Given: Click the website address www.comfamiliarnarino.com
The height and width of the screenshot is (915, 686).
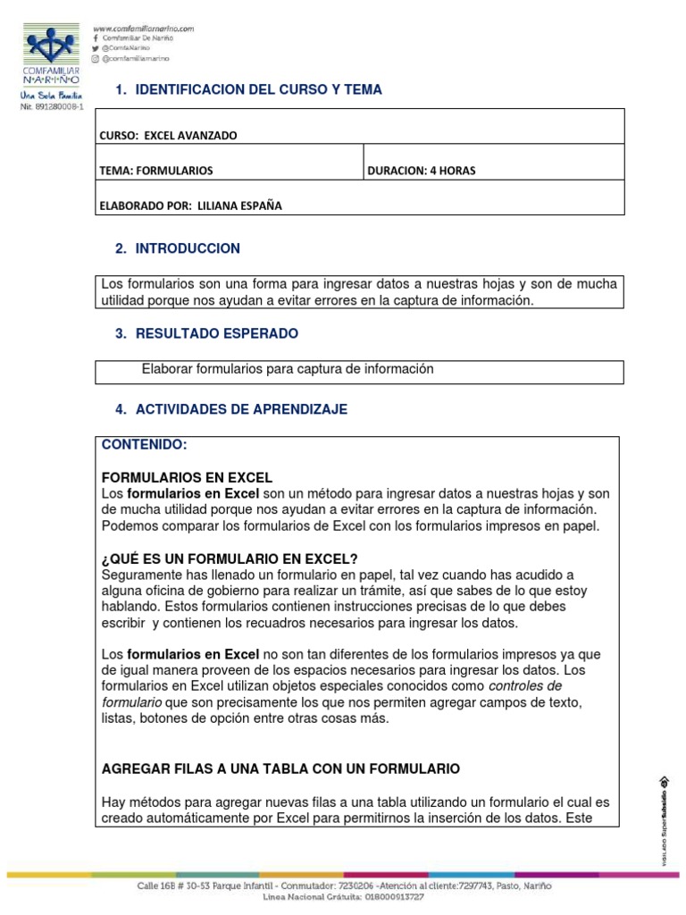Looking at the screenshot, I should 144,29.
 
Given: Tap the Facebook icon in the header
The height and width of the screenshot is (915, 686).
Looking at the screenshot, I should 96,38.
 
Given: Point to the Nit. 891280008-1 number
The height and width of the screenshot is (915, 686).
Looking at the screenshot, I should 52,107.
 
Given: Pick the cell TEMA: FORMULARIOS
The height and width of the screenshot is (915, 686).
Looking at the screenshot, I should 156,171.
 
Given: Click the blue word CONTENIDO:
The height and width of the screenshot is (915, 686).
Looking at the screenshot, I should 144,444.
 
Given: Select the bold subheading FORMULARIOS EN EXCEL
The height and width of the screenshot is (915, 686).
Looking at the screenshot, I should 188,477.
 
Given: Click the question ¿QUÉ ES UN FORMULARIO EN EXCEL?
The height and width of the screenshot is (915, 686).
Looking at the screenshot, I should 230,559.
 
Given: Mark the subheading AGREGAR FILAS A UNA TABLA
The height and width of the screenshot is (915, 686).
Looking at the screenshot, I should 281,768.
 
